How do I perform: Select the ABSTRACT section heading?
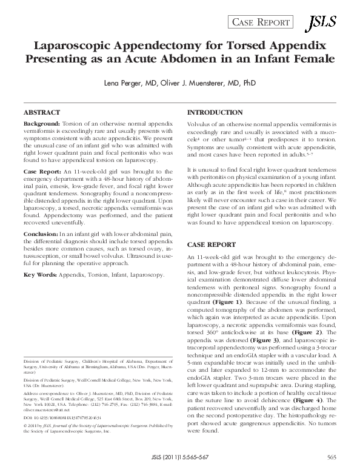(41, 113)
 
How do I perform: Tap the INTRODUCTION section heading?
(215, 113)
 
